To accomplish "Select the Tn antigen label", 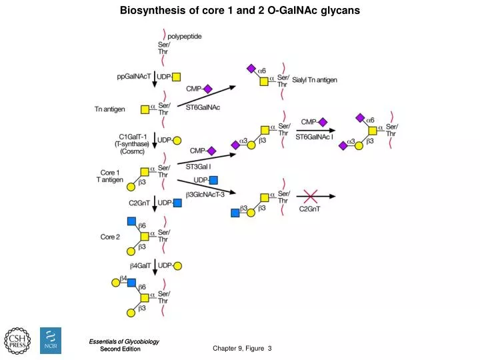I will click(110, 109).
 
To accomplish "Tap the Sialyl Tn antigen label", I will click(315, 80).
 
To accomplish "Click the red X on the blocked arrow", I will click(310, 196).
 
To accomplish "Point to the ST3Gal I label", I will click(199, 166).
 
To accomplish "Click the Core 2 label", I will click(110, 237).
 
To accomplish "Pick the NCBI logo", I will click(51, 341).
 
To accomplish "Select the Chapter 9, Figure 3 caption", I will click(243, 349).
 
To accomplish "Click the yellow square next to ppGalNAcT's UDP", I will click(177, 77).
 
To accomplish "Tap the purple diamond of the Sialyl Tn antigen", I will click(251, 68).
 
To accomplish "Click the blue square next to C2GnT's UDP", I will click(177, 203).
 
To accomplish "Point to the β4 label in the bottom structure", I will click(123, 277).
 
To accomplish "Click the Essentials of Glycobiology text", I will click(124, 341).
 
